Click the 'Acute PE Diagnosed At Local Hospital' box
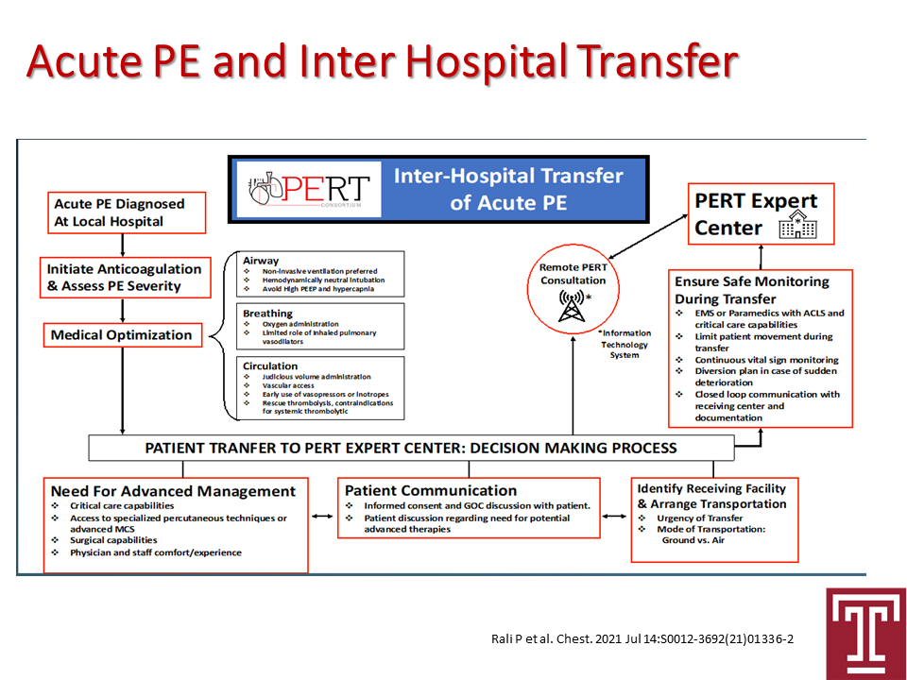(127, 212)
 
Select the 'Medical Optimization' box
(123, 335)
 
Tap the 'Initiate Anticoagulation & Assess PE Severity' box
(125, 278)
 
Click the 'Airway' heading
(261, 261)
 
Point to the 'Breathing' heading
(267, 314)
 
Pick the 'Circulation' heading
(270, 366)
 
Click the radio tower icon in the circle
(573, 306)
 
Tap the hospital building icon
(797, 225)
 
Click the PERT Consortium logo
(309, 189)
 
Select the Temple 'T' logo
(866, 634)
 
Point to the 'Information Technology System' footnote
(625, 344)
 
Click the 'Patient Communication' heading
(431, 491)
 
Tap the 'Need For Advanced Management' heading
(173, 491)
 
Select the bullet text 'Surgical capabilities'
(113, 540)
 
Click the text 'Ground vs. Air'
(693, 540)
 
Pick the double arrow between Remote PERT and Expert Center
(648, 237)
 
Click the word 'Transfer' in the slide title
(658, 61)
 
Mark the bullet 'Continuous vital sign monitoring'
(766, 360)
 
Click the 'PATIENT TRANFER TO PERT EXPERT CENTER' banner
(411, 448)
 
